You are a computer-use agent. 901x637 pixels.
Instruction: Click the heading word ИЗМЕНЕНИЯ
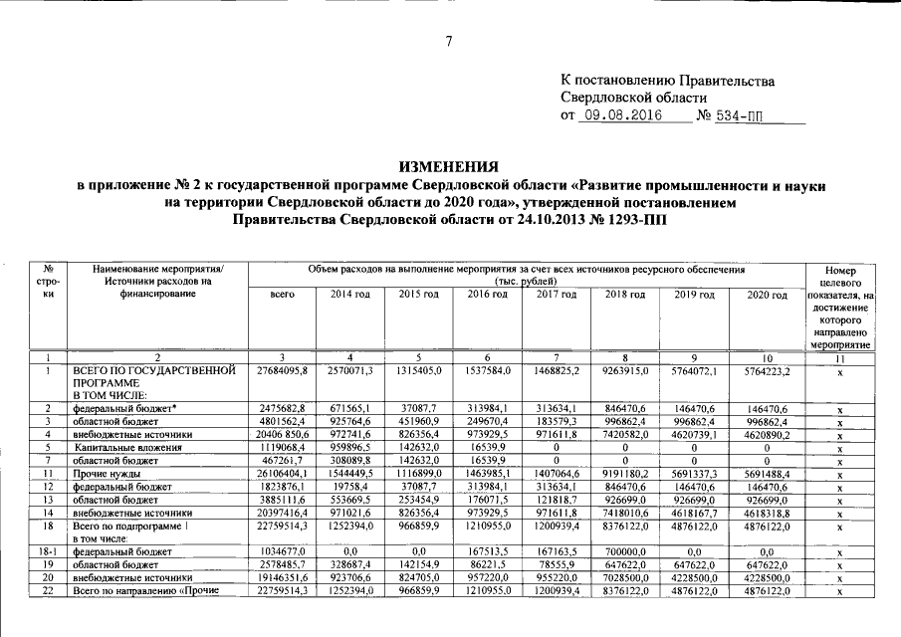click(451, 166)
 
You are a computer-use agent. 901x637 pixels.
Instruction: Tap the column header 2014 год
click(341, 297)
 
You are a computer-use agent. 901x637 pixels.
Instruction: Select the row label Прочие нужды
click(105, 475)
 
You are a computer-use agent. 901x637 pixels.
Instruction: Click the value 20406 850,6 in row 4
click(282, 436)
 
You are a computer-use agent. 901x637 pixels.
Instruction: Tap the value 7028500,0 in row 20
click(625, 578)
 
